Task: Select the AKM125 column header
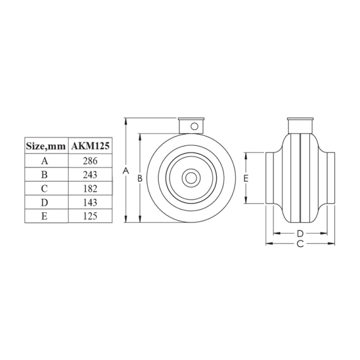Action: tap(91, 145)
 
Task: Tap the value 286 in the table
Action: tap(91, 160)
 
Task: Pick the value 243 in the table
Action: tap(91, 174)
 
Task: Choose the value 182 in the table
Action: tap(91, 188)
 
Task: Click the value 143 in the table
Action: tap(91, 202)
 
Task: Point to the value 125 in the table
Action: tap(91, 216)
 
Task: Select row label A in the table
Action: tap(46, 160)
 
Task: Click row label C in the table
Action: tap(46, 188)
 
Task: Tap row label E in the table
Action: tap(46, 216)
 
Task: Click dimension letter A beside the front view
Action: tap(125, 171)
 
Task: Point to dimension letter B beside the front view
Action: tap(139, 178)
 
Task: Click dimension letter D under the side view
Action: tap(299, 233)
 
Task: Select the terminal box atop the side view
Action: tap(299, 125)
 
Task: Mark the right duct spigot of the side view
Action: tap(328, 177)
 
